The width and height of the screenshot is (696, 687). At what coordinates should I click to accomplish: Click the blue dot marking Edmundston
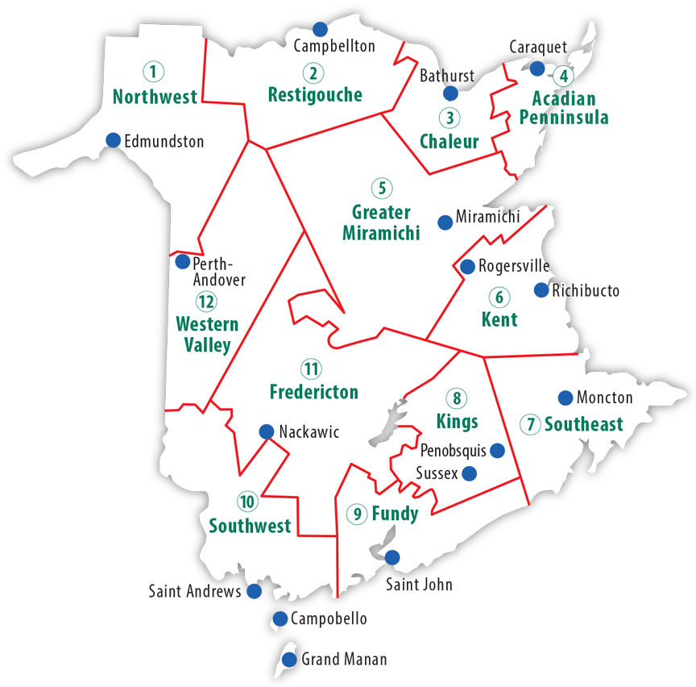(x=113, y=139)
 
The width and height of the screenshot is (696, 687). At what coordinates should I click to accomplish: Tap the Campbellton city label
(x=334, y=46)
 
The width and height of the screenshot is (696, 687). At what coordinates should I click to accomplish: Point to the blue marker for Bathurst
(x=450, y=94)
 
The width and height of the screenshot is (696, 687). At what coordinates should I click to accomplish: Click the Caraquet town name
(x=538, y=48)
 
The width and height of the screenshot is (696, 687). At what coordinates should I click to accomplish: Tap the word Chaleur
(x=449, y=142)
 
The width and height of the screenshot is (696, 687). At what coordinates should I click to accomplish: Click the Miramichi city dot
(x=444, y=222)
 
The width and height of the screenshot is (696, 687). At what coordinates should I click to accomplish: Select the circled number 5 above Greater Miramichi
(x=381, y=188)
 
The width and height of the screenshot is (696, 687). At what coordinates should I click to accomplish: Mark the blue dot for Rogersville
(x=466, y=266)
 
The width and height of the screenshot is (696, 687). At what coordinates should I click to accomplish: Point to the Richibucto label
(x=586, y=290)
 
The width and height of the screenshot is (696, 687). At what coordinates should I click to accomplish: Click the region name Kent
(x=499, y=319)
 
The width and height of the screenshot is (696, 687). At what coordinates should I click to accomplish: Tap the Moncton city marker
(x=565, y=398)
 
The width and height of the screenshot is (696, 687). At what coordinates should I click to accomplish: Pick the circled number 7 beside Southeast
(x=530, y=424)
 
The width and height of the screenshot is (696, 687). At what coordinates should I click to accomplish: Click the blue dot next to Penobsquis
(x=498, y=451)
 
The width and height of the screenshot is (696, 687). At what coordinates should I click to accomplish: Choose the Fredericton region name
(x=314, y=393)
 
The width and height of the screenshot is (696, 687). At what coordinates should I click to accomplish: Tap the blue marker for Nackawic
(x=266, y=432)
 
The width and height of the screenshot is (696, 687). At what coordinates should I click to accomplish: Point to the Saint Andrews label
(x=195, y=592)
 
